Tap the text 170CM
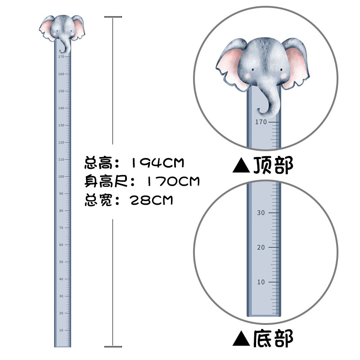point(172,181)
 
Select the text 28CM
point(151,200)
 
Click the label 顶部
point(273,166)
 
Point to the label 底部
point(273,338)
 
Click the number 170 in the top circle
point(261,122)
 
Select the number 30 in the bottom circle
point(261,213)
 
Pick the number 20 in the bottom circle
point(261,247)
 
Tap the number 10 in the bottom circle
point(261,282)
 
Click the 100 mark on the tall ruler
point(61,176)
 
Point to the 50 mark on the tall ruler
point(61,262)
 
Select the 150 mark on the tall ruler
point(61,91)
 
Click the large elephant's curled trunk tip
point(261,110)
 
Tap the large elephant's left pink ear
point(231,67)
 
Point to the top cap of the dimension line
point(113,17)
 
